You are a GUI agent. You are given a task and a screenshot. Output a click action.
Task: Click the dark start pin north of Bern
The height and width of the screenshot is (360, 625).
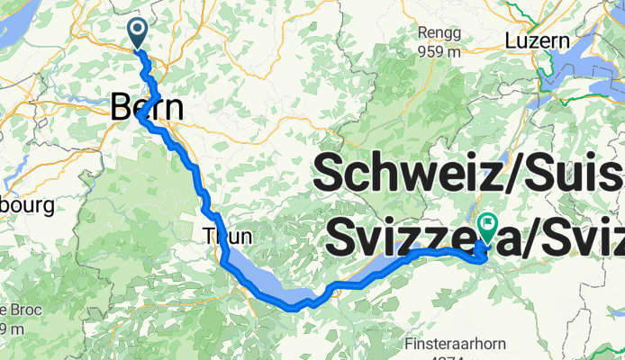(x=138, y=32)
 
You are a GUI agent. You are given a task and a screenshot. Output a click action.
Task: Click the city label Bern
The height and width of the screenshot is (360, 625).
(x=147, y=109)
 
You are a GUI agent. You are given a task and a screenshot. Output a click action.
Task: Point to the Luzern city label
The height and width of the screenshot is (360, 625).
(x=538, y=40)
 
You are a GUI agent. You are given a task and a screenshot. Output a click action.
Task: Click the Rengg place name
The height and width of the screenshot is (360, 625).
(x=439, y=32)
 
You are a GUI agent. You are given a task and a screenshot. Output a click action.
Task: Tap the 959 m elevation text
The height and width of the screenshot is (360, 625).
(x=439, y=50)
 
